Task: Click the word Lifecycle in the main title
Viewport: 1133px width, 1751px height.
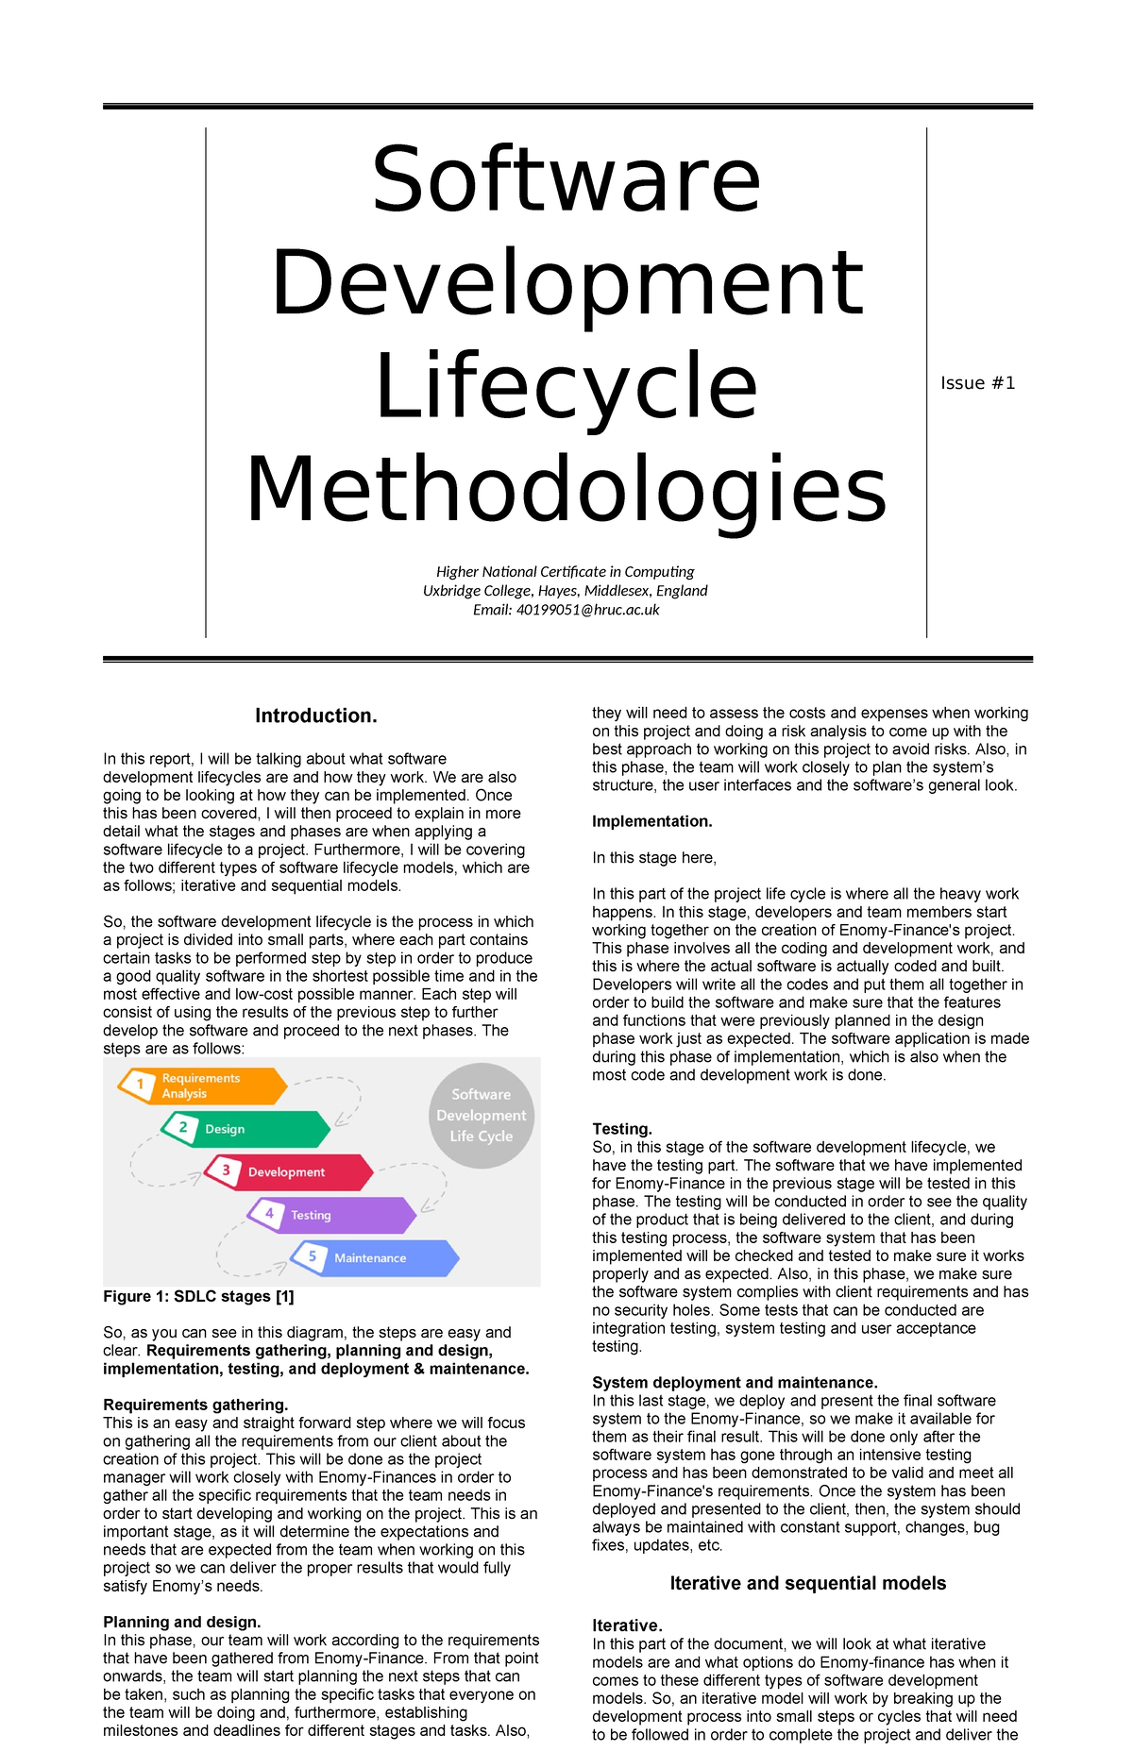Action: coord(566,387)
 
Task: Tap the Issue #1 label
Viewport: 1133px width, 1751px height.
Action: coord(977,383)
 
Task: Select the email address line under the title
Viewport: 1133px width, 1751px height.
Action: coord(566,610)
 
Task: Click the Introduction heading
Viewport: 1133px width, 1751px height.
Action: coord(316,716)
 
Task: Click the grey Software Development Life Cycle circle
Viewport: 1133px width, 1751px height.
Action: coord(482,1116)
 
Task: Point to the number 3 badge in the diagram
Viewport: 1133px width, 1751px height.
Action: coord(226,1170)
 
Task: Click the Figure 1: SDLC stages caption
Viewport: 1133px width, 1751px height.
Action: coord(198,1297)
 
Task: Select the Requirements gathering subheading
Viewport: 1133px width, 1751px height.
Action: coord(195,1405)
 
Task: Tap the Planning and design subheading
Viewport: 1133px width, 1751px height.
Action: coord(181,1622)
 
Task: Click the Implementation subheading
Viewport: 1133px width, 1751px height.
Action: coord(652,821)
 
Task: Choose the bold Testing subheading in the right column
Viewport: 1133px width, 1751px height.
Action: coord(622,1129)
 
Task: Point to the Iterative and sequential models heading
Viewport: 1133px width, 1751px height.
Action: coord(807,1583)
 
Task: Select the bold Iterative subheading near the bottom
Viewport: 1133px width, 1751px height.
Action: coord(627,1625)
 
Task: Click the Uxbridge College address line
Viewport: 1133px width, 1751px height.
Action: coord(566,591)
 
